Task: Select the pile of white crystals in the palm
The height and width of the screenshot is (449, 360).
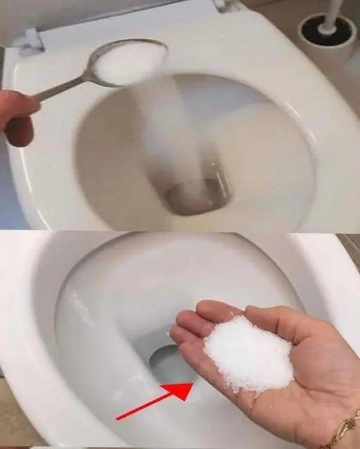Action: (x=248, y=355)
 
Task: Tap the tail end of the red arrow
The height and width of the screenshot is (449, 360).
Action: (x=118, y=419)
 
